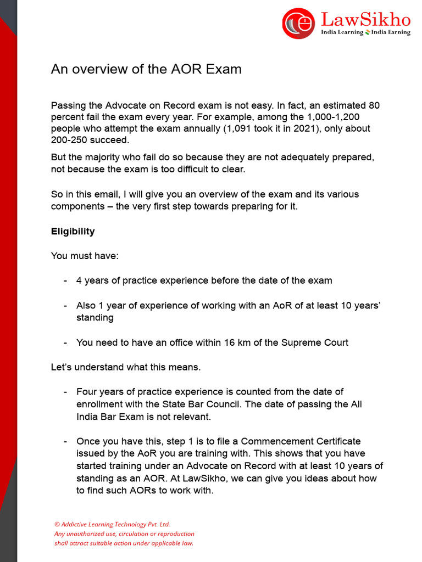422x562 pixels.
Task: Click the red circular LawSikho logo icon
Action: pos(298,24)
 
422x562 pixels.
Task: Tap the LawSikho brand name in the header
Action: pos(365,20)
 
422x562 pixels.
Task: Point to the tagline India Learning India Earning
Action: pos(365,32)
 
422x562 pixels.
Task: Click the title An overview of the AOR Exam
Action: pos(146,69)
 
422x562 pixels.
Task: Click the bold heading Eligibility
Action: pos(73,231)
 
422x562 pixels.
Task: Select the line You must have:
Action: pos(80,256)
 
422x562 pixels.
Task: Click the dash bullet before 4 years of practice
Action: pos(65,280)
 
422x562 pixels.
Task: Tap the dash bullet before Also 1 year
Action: pos(65,306)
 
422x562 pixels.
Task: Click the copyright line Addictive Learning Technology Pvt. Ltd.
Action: pos(115,524)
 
